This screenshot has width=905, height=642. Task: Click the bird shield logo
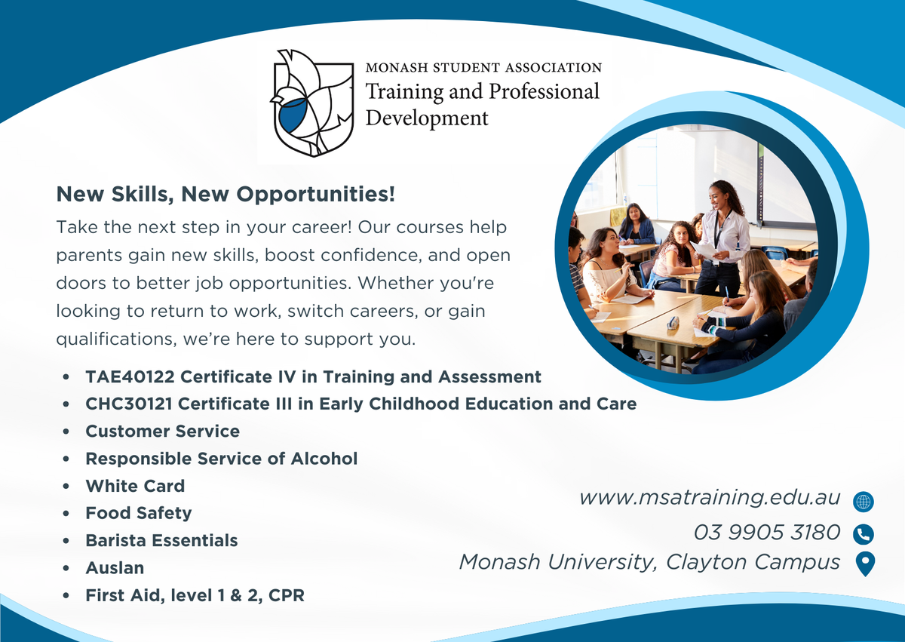[x=311, y=103]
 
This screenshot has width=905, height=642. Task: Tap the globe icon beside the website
[x=864, y=502]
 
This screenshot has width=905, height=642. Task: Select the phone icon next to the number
[x=864, y=535]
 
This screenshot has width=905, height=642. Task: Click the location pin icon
[x=866, y=564]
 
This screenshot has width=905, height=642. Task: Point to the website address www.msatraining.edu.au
[x=710, y=498]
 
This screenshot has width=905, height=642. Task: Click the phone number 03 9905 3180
[x=767, y=532]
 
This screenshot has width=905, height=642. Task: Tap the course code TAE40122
[x=130, y=377]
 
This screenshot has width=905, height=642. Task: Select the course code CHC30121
[x=129, y=404]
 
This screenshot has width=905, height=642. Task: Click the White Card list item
[x=135, y=486]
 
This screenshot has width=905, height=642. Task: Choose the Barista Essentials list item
[x=161, y=541]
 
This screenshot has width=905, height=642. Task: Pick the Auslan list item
[x=115, y=568]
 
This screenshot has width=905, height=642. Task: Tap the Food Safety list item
[x=139, y=514]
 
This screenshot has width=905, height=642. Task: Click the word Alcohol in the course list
[x=324, y=459]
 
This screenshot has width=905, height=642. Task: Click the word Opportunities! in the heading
[x=315, y=195]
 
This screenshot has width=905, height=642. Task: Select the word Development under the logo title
[x=427, y=118]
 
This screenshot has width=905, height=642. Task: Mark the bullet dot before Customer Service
[x=66, y=432]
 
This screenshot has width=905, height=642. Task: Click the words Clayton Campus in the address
[x=753, y=562]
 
